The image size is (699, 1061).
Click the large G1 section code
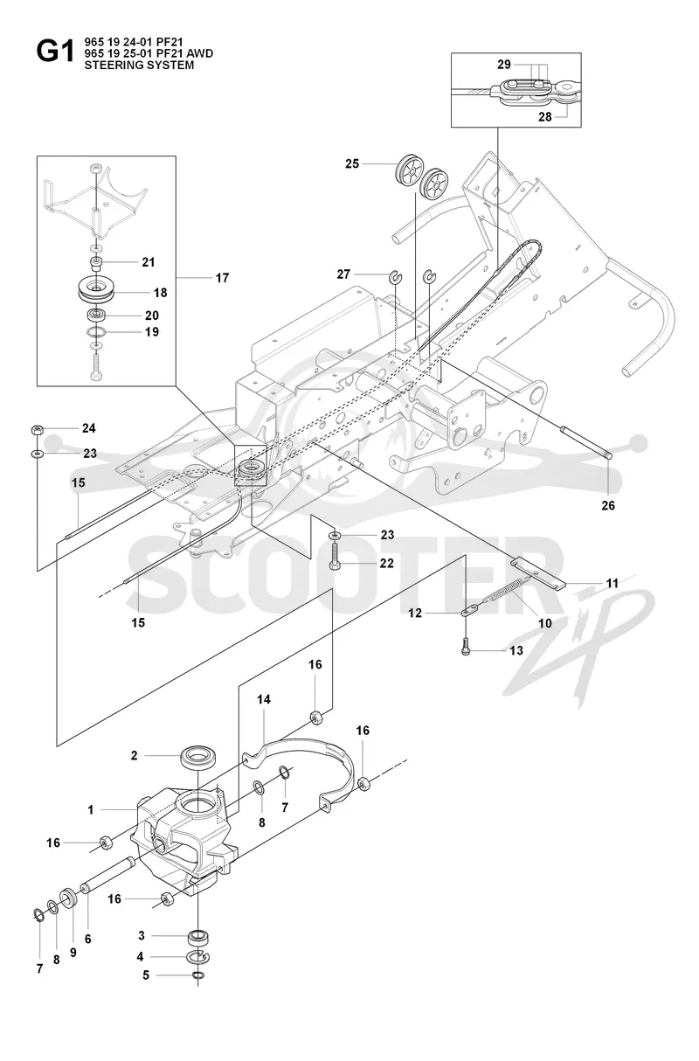(55, 52)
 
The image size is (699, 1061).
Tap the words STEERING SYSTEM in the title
(139, 66)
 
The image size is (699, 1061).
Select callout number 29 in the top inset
(504, 65)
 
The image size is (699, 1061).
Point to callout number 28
(545, 116)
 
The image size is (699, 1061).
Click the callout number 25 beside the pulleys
(352, 164)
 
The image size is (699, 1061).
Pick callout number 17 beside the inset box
(222, 278)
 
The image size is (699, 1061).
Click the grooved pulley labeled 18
(98, 289)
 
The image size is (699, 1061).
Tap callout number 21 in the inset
(149, 262)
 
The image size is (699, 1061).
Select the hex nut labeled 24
(37, 430)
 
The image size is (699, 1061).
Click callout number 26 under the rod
(608, 506)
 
